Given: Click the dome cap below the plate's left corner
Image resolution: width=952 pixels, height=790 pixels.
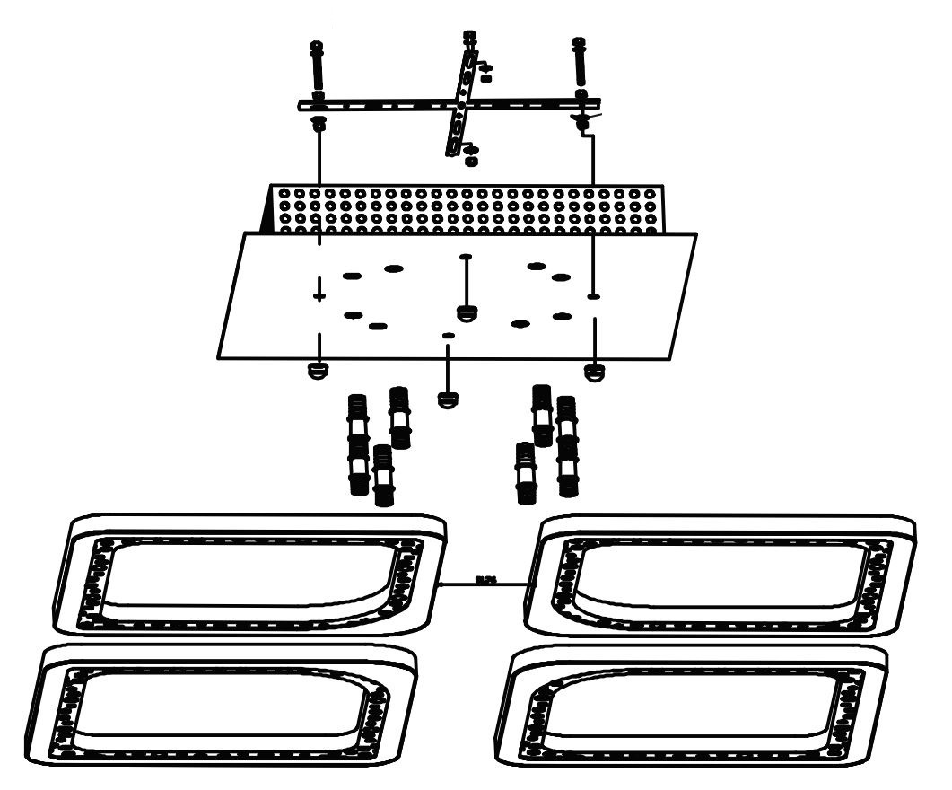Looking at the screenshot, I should click(316, 371).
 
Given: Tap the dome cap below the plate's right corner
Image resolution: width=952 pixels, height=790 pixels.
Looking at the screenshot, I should click(593, 371).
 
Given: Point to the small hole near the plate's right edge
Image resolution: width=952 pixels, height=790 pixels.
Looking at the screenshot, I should click(593, 295).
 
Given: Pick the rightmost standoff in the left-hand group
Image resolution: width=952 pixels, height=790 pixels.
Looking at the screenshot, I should click(400, 417).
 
